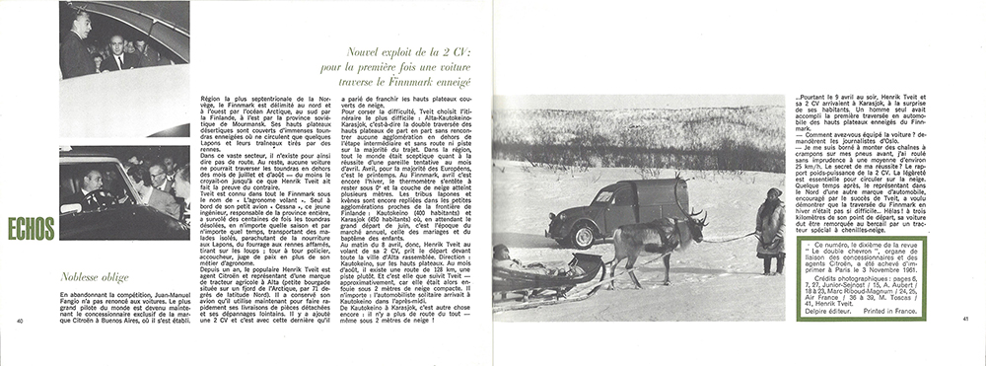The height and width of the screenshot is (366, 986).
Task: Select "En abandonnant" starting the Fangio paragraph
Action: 62,296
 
